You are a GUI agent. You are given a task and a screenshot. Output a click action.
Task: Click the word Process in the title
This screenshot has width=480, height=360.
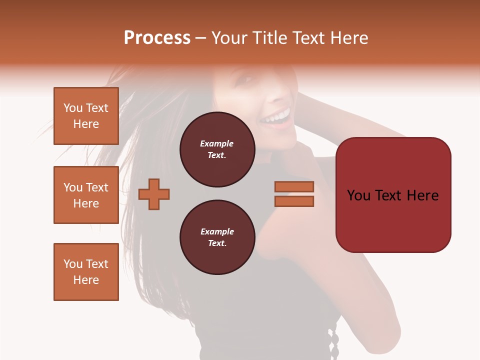click(x=157, y=38)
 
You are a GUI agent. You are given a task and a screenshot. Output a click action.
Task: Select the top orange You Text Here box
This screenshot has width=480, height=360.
click(x=86, y=116)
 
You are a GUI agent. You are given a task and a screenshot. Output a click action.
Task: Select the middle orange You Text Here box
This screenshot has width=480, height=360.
click(x=86, y=195)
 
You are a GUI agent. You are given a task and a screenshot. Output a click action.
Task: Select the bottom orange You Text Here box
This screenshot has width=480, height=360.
click(x=86, y=272)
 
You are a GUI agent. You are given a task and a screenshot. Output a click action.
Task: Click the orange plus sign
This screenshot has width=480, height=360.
click(x=154, y=194)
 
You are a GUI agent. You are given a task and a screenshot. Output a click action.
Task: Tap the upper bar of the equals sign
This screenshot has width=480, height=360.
click(x=294, y=186)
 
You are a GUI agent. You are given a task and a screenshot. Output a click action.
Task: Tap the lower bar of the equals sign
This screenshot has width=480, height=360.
click(x=294, y=201)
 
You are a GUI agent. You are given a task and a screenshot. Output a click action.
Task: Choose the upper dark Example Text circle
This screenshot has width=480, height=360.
click(x=217, y=149)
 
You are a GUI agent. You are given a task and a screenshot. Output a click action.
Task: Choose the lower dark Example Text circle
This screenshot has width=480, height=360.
click(x=217, y=237)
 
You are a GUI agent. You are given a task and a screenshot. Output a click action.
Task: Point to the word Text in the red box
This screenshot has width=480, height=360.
click(x=392, y=195)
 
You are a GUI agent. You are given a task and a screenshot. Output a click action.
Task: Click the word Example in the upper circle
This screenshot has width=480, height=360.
click(x=217, y=144)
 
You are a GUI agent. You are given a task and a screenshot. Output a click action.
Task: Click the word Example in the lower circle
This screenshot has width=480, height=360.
click(x=217, y=232)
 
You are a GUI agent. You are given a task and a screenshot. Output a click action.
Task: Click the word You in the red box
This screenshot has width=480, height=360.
click(x=359, y=195)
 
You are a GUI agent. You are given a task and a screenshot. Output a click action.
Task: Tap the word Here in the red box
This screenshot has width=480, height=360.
click(x=423, y=195)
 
